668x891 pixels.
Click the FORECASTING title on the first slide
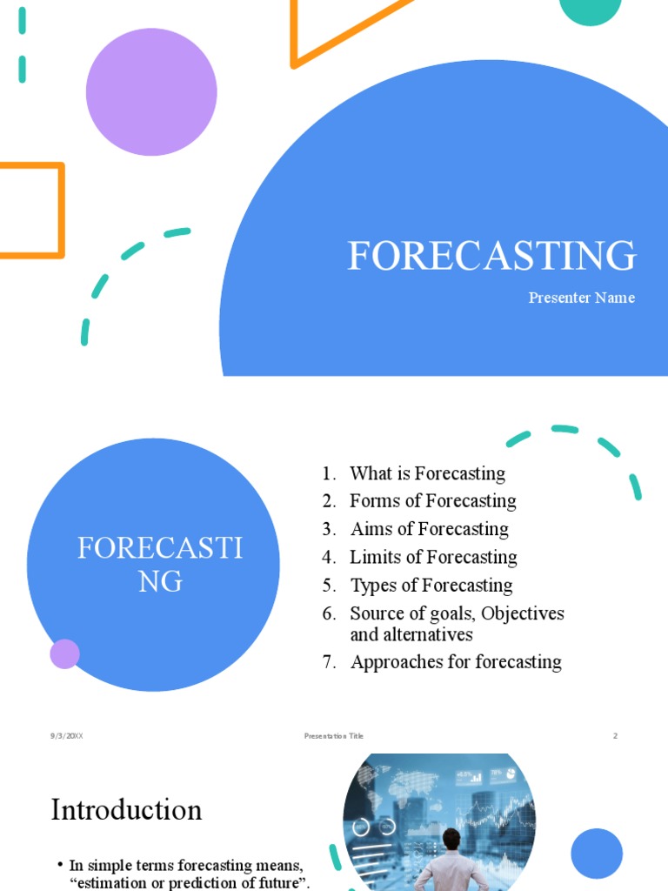pyautogui.click(x=491, y=256)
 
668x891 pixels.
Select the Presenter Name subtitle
pyautogui.click(x=581, y=298)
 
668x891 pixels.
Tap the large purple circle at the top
pyautogui.click(x=151, y=91)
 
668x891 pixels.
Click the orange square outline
pyautogui.click(x=32, y=211)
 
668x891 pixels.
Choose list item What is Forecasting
pyautogui.click(x=427, y=473)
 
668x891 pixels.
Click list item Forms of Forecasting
pyautogui.click(x=432, y=501)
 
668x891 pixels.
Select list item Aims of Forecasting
pyautogui.click(x=429, y=529)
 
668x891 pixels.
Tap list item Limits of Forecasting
pyautogui.click(x=433, y=557)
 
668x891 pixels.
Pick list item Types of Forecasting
pyautogui.click(x=431, y=585)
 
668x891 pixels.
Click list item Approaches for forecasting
pyautogui.click(x=456, y=661)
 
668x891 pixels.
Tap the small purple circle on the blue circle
pyautogui.click(x=65, y=653)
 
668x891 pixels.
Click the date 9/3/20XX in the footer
pyautogui.click(x=66, y=736)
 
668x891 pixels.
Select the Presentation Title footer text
pyautogui.click(x=334, y=736)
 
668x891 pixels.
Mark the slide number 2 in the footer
pyautogui.click(x=615, y=736)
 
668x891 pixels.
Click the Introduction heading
pyautogui.click(x=126, y=810)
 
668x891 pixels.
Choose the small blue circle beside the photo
pyautogui.click(x=597, y=854)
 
